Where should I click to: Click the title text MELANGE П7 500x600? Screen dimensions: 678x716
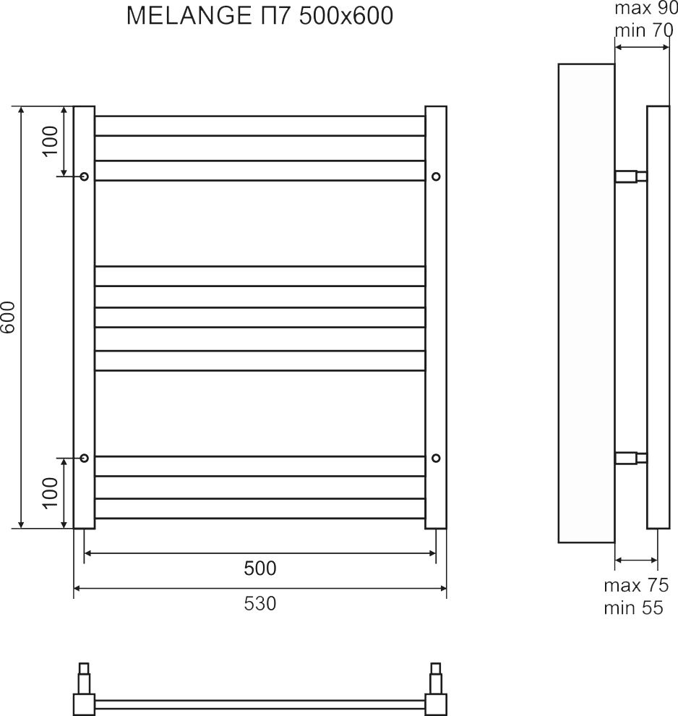(259, 16)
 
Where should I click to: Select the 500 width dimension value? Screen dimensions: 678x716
(260, 568)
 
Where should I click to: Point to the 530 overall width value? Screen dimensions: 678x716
(260, 604)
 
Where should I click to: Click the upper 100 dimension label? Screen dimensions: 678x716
(51, 141)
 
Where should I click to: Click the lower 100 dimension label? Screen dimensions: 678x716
(51, 493)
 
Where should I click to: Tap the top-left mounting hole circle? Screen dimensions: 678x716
(85, 176)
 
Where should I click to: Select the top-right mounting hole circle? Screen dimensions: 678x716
(436, 176)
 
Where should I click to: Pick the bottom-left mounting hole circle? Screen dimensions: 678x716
(85, 458)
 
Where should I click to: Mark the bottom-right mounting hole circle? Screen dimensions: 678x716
(436, 458)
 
